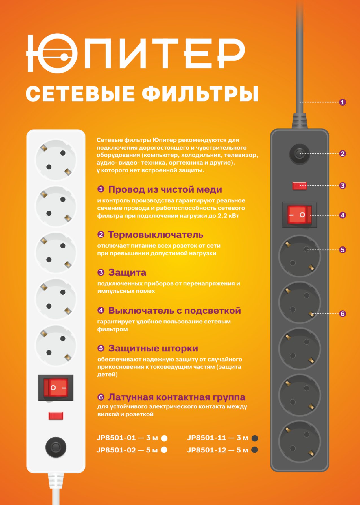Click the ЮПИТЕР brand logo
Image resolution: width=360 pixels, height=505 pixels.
pyautogui.click(x=135, y=53)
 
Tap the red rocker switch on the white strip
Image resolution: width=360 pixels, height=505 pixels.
pyautogui.click(x=56, y=388)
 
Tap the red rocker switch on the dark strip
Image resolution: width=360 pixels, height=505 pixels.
pyautogui.click(x=300, y=215)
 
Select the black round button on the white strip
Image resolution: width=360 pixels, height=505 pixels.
pyautogui.click(x=56, y=447)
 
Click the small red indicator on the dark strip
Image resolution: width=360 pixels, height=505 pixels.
pyautogui.click(x=300, y=185)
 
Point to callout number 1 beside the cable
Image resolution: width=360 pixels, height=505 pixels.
pyautogui.click(x=342, y=102)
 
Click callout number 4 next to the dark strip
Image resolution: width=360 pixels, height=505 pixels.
pyautogui.click(x=342, y=215)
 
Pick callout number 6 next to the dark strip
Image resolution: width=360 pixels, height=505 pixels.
pyautogui.click(x=342, y=314)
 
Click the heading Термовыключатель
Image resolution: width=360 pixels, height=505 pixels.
pyautogui.click(x=156, y=235)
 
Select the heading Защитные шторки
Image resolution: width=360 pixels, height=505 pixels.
pyautogui.click(x=153, y=348)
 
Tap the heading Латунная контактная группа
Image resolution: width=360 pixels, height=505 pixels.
pyautogui.click(x=177, y=397)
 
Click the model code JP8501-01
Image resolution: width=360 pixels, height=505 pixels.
pyautogui.click(x=116, y=438)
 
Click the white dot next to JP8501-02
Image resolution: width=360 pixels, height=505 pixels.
pyautogui.click(x=164, y=450)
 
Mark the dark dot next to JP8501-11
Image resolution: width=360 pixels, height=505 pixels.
pyautogui.click(x=255, y=438)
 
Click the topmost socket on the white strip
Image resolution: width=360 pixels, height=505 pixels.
pyautogui.click(x=56, y=159)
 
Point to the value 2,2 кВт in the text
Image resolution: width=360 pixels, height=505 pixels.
pyautogui.click(x=228, y=216)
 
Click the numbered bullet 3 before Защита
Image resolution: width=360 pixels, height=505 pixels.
pyautogui.click(x=101, y=272)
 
